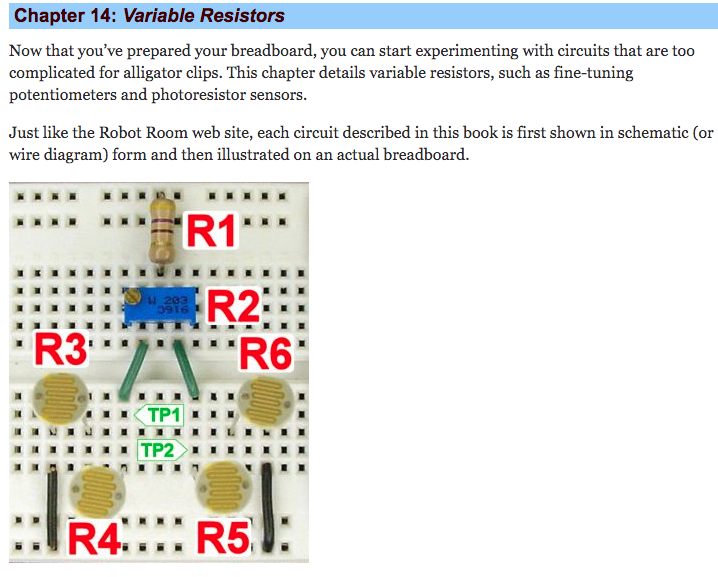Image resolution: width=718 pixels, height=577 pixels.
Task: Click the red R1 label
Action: pyautogui.click(x=212, y=231)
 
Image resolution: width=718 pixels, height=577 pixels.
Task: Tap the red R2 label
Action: pyautogui.click(x=233, y=306)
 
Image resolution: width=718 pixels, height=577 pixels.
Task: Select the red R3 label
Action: pyautogui.click(x=61, y=350)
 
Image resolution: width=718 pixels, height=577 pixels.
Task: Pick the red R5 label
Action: pyautogui.click(x=221, y=538)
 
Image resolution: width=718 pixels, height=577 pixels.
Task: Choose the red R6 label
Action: pyautogui.click(x=266, y=353)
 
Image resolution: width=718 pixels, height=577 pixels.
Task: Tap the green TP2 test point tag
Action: pyautogui.click(x=160, y=450)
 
